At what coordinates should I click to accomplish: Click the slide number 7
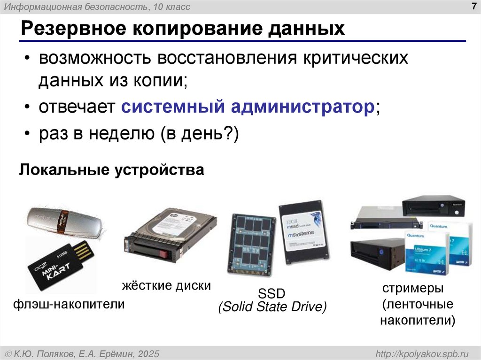[472, 6]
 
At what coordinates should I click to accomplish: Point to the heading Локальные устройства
[112, 169]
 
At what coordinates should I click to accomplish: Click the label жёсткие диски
[166, 285]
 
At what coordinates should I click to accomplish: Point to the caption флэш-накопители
[69, 305]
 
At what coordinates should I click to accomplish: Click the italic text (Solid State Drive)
[272, 307]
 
